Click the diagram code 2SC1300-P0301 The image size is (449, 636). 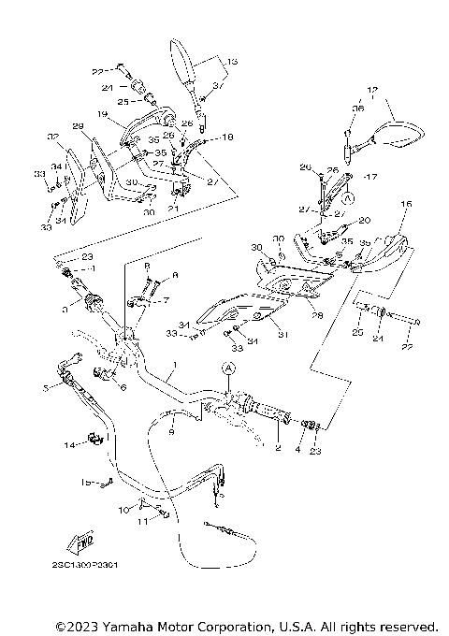(86, 565)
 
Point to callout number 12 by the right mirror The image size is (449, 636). (372, 92)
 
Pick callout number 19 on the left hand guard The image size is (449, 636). (102, 115)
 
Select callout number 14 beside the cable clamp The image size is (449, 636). (68, 444)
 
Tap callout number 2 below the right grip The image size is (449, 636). (277, 448)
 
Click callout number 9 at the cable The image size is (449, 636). (171, 431)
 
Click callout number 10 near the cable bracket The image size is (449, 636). (122, 511)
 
